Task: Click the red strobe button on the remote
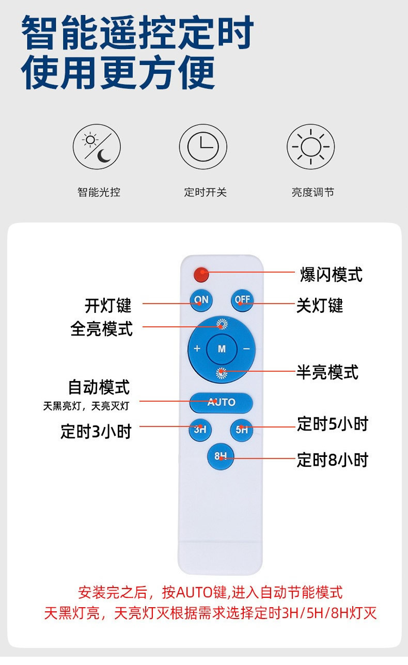point(201,275)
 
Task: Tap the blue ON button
point(201,300)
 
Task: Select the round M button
point(222,349)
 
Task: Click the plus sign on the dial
point(197,349)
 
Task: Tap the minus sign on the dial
point(246,349)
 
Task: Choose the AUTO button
point(221,402)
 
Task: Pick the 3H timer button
point(200,429)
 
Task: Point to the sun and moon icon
point(97,147)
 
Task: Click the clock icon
point(203,147)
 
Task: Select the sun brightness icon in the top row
point(310,147)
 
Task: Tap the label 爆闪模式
point(331,275)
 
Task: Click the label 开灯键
point(108,305)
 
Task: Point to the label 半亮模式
point(327,372)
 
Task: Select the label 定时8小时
point(332,460)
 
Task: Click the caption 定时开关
point(205,193)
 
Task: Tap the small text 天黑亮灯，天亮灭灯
point(86,406)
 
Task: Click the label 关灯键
point(319,305)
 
